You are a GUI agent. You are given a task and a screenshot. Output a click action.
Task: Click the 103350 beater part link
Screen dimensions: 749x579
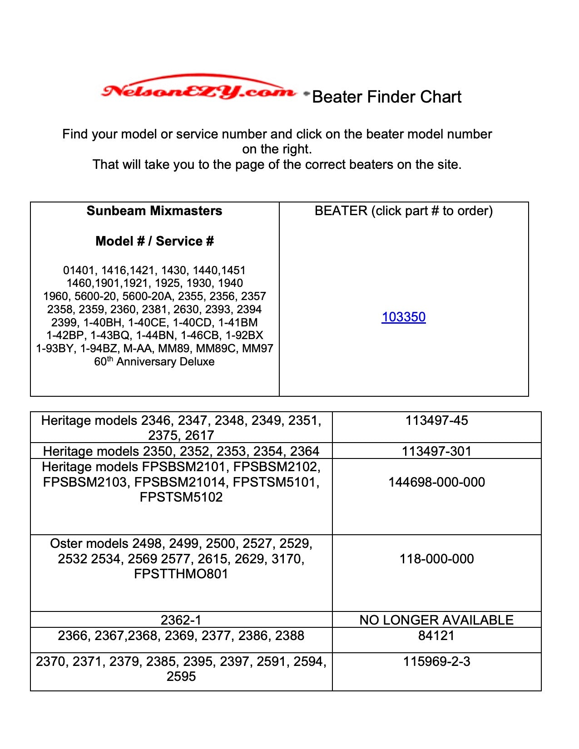tap(403, 317)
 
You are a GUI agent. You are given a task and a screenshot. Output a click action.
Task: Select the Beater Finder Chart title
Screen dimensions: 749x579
tap(386, 97)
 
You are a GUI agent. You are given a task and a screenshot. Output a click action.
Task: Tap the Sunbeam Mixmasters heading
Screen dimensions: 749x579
tap(154, 211)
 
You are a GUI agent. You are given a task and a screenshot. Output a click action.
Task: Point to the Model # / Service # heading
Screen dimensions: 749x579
tap(154, 241)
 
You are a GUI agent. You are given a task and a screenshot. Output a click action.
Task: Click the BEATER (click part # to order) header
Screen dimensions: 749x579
tap(403, 211)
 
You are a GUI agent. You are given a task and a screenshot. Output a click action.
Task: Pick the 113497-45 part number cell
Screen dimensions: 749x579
tap(436, 420)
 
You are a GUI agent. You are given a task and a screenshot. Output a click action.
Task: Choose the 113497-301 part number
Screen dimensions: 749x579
tap(436, 451)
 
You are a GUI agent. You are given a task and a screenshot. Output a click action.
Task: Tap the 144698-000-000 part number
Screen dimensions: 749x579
tap(436, 482)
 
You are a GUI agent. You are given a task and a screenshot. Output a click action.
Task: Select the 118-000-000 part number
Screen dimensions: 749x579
tap(436, 559)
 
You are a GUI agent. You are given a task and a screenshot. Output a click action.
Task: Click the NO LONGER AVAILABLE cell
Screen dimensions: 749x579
tap(436, 620)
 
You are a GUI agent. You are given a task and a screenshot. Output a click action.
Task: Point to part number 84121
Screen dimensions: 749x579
tap(436, 636)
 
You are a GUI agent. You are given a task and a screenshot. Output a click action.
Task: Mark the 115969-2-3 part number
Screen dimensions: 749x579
tap(436, 661)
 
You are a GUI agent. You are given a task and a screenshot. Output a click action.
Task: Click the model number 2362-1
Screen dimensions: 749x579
tap(181, 620)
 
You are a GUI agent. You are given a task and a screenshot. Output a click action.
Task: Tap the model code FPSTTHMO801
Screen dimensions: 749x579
tap(181, 574)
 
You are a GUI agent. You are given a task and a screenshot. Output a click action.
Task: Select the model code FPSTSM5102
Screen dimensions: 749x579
tap(181, 497)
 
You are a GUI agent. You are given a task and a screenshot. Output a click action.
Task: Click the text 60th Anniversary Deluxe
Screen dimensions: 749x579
tap(154, 362)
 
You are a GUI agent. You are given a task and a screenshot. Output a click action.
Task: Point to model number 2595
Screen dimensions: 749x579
tap(181, 676)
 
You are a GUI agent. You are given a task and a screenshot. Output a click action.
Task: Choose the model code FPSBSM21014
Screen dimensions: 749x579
tap(182, 482)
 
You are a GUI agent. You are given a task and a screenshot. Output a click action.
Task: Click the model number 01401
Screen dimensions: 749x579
tap(79, 271)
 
